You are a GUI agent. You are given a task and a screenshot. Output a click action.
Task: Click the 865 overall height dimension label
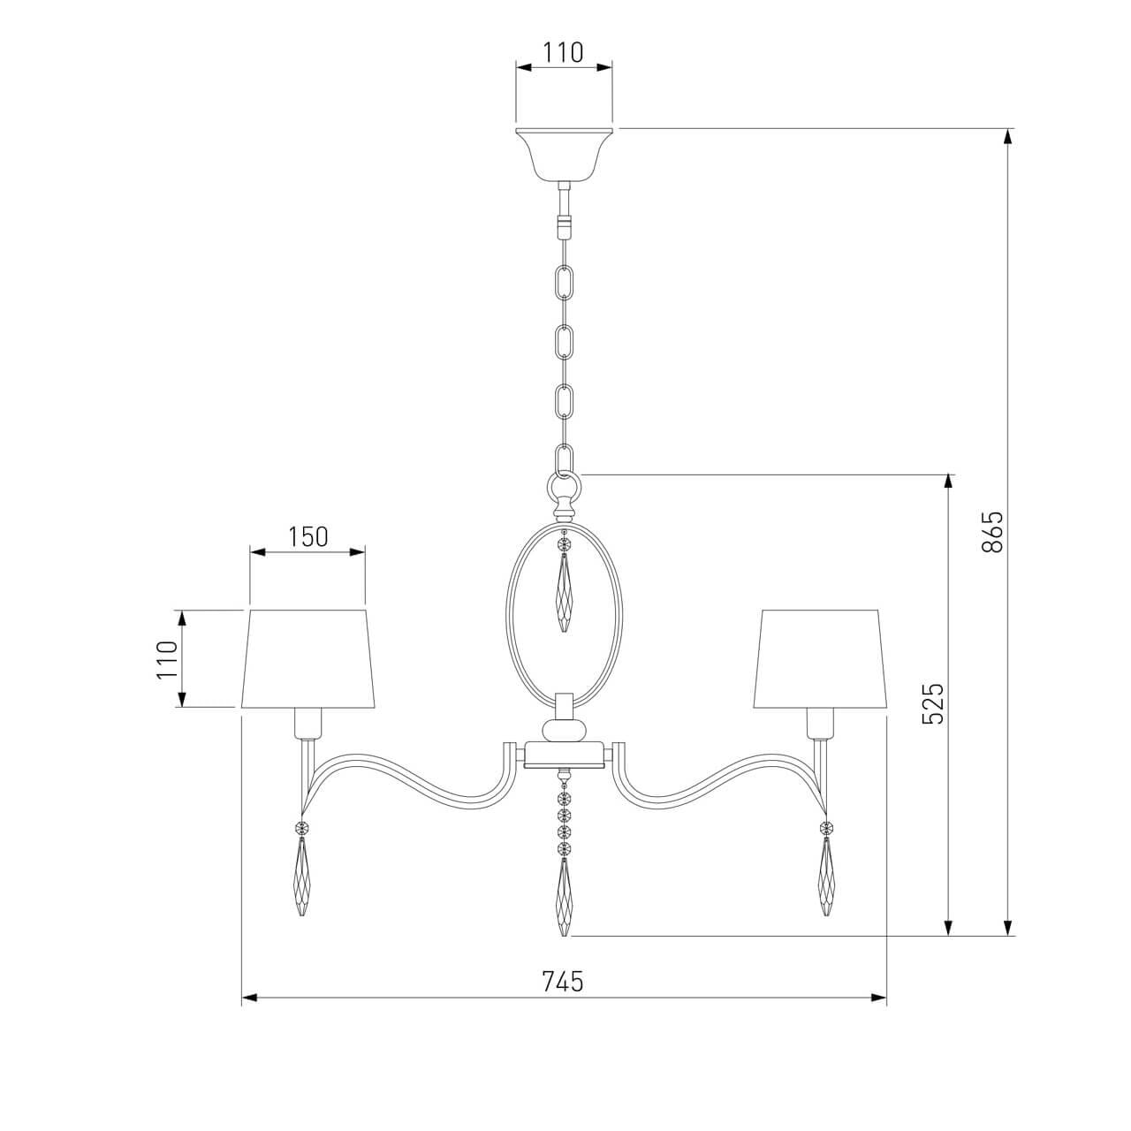993,532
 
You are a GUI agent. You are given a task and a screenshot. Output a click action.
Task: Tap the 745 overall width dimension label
562,982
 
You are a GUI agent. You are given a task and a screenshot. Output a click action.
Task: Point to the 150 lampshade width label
307,536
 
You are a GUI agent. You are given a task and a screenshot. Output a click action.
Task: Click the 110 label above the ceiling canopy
562,52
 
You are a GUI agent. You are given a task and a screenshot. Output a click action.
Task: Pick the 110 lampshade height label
167,659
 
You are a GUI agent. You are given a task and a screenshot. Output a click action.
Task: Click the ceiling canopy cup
564,154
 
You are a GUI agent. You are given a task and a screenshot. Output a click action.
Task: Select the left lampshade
308,658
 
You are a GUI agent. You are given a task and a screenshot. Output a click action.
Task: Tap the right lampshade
820,658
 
